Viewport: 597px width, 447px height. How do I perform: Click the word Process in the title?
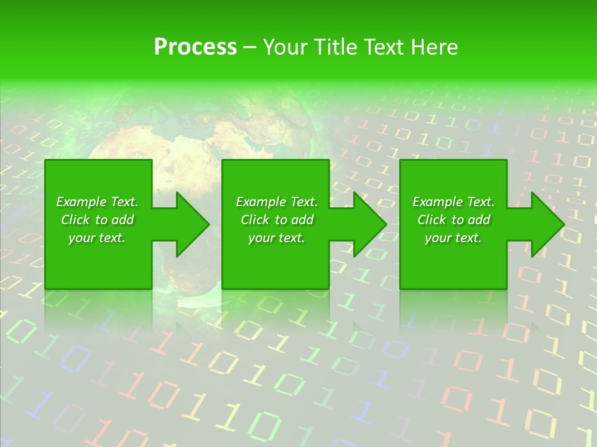[195, 47]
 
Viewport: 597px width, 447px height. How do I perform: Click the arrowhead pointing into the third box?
[377, 224]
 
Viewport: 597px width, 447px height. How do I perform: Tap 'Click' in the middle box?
[255, 220]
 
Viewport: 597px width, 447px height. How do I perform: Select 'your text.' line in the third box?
[453, 238]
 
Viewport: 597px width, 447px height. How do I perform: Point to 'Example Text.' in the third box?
[453, 202]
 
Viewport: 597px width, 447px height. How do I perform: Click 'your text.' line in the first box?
[97, 238]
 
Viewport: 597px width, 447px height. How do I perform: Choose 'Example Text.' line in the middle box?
[276, 202]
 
